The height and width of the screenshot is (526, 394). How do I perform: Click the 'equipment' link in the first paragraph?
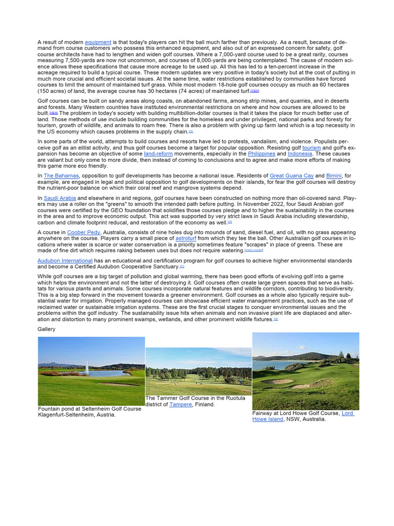(98, 42)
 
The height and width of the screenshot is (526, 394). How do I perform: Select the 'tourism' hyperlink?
(311, 147)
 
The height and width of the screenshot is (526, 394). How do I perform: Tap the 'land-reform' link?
(159, 154)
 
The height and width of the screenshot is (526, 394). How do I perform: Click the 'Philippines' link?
(261, 154)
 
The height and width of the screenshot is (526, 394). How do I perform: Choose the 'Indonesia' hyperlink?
(300, 154)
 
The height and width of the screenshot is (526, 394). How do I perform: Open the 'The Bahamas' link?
(61, 176)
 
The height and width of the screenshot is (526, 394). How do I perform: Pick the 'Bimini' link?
(335, 176)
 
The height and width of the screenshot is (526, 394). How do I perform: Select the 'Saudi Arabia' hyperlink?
(60, 198)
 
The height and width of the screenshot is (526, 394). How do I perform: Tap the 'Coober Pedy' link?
(84, 232)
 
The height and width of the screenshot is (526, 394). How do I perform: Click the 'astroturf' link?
(185, 238)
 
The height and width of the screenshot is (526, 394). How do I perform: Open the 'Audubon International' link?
(65, 260)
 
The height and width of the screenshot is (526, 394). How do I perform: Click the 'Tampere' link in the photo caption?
(181, 404)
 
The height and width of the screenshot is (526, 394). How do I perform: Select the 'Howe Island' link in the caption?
(267, 419)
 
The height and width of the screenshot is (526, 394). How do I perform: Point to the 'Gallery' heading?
(47, 329)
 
